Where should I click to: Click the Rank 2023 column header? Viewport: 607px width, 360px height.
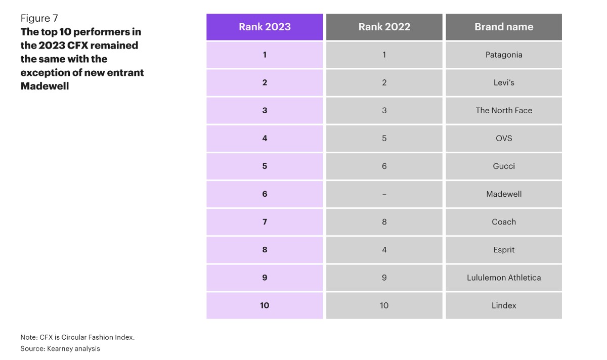265,27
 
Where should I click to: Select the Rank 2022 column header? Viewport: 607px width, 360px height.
384,27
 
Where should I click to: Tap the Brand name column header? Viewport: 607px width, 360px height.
504,27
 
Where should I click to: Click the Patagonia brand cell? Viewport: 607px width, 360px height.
504,55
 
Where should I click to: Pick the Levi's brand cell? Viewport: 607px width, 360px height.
504,82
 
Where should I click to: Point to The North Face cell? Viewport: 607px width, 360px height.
504,111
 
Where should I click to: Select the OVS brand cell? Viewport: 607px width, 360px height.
504,139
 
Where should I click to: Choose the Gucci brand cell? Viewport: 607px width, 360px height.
504,166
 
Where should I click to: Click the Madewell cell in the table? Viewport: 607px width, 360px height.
504,194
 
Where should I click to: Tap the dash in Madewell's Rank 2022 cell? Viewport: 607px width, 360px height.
384,195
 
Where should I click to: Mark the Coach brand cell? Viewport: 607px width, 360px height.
504,222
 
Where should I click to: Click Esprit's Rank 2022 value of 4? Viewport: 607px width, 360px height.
384,250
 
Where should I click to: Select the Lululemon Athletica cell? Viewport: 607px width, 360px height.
504,278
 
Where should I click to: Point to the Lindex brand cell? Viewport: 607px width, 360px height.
504,305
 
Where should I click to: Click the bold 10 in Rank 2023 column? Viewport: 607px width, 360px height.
265,305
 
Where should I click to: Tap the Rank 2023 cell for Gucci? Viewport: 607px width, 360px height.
265,166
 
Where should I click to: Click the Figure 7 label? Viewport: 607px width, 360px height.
39,18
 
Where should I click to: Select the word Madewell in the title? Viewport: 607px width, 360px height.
45,86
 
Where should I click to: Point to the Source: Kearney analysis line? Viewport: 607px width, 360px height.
60,348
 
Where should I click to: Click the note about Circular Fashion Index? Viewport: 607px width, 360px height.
77,337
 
